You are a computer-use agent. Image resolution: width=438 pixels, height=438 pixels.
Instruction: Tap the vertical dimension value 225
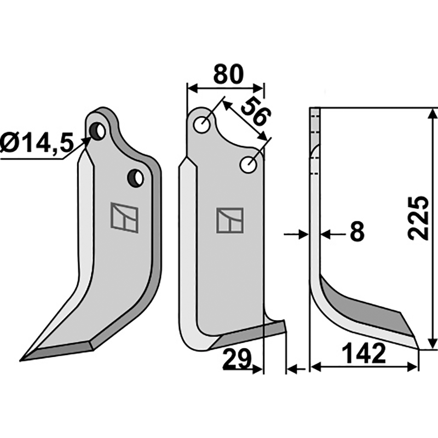coord(419,217)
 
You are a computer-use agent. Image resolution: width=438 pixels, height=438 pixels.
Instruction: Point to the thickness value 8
coord(356,233)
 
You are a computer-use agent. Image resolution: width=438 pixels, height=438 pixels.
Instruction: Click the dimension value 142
coord(363,354)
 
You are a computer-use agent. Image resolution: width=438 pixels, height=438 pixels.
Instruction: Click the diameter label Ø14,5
coord(37,144)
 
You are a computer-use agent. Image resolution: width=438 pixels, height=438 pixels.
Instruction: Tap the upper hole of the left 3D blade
coord(99,131)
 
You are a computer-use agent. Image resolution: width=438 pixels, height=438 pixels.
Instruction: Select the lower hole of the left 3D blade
coord(135,177)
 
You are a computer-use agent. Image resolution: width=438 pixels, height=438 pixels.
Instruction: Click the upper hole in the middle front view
coord(203,125)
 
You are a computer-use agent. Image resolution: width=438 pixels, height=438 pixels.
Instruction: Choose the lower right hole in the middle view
coord(249,164)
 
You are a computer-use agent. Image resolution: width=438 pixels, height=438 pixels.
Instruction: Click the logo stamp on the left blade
coord(124,217)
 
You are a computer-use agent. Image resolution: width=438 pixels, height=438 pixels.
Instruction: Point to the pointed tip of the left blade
coord(23,359)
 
